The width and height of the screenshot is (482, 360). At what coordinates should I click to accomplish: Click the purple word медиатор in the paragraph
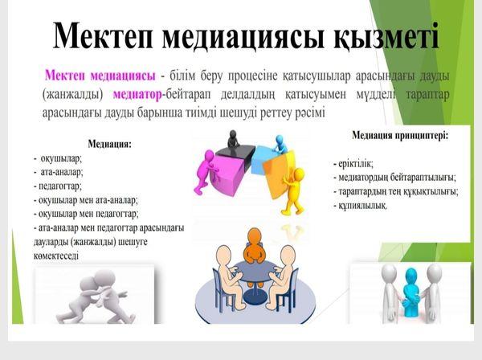137,95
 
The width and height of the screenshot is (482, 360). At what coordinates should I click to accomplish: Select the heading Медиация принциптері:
400,135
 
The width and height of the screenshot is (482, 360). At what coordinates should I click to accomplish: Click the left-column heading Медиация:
110,144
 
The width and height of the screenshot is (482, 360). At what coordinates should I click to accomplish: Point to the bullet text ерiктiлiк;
353,164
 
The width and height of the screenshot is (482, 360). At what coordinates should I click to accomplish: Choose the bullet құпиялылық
361,206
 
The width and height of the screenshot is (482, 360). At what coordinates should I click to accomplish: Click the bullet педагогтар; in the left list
58,186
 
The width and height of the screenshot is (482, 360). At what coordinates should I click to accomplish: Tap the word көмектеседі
56,256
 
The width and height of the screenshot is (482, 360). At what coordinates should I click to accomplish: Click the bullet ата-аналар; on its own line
59,173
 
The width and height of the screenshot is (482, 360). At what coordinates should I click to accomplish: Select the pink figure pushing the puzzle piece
206,171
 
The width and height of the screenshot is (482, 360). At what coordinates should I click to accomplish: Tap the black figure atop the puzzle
233,139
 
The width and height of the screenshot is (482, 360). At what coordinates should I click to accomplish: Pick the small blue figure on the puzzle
280,144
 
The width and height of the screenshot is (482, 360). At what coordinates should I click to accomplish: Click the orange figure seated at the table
255,245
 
